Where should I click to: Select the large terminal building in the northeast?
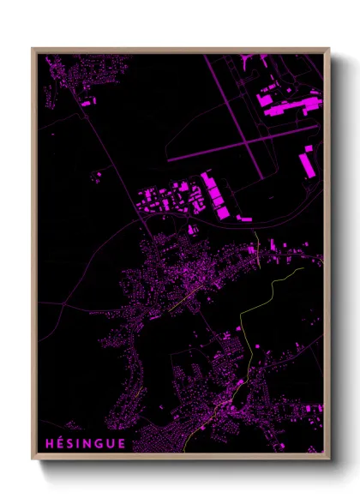(287, 106)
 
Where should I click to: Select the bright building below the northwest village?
(87, 102)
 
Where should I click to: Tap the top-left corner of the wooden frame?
(33, 49)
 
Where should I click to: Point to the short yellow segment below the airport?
(258, 244)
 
